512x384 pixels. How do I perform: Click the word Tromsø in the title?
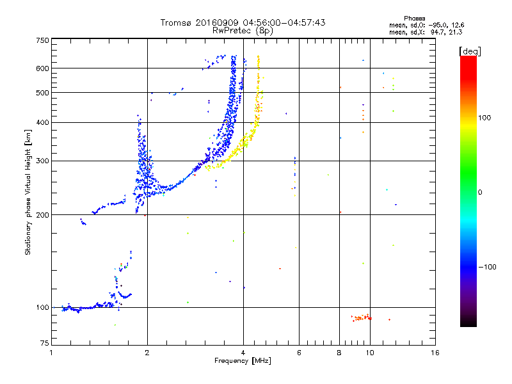coord(175,22)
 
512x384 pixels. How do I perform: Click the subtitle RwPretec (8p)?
coord(243,31)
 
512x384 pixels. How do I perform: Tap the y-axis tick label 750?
coord(42,40)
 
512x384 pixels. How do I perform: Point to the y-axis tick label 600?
coord(42,68)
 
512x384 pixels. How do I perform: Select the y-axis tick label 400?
coord(42,122)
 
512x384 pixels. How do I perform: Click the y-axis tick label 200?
coord(42,215)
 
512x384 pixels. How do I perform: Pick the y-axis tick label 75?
coord(45,343)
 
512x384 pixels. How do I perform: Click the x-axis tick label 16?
coord(435,353)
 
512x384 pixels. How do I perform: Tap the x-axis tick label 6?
coord(299,353)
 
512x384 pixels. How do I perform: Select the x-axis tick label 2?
coord(147,353)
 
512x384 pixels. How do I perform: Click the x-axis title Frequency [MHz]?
coord(243,361)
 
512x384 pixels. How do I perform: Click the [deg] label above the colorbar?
coord(470,51)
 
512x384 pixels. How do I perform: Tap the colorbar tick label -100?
coord(488,267)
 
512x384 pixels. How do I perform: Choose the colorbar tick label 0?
coord(480,192)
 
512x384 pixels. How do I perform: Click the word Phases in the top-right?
coord(414,19)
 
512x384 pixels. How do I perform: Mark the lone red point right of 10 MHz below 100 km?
coord(389,319)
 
